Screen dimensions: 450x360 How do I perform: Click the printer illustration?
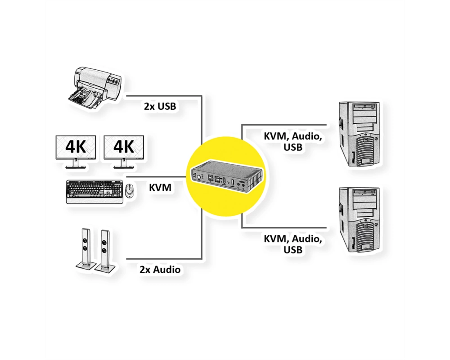pos(95,87)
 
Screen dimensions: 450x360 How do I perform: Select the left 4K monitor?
pos(76,152)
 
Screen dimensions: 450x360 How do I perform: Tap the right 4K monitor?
pos(124,152)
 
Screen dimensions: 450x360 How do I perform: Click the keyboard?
pos(95,192)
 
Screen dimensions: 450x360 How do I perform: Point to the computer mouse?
pos(130,191)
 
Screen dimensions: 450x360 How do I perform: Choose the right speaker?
pos(105,250)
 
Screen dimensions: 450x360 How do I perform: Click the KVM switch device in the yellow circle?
pos(226,177)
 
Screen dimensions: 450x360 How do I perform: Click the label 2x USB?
pos(160,107)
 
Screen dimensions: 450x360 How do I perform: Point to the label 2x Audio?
pos(160,270)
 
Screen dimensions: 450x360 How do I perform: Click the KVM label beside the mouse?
pos(160,188)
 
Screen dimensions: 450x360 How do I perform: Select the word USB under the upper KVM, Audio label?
pos(293,147)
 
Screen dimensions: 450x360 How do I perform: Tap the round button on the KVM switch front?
pos(198,177)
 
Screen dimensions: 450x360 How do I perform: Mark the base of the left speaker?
pos(84,266)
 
